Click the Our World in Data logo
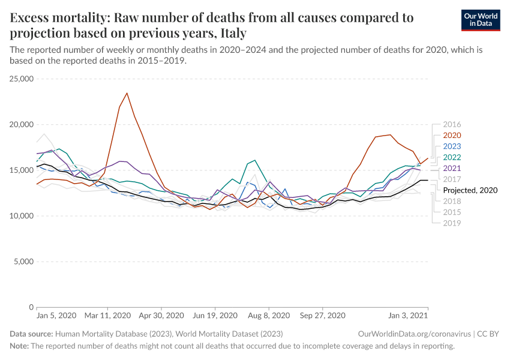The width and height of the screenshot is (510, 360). pyautogui.click(x=481, y=19)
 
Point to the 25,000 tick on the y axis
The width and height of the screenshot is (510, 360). pyautogui.click(x=22, y=79)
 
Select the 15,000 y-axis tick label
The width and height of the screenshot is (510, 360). pyautogui.click(x=22, y=170)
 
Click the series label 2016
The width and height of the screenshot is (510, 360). pyautogui.click(x=452, y=125)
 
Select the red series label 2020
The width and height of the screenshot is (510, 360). pyautogui.click(x=452, y=136)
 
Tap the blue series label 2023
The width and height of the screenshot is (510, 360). pyautogui.click(x=452, y=146)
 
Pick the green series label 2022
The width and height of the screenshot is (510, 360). pyautogui.click(x=452, y=157)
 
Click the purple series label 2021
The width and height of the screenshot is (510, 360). pyautogui.click(x=452, y=168)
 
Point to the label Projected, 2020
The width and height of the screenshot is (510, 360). pyautogui.click(x=470, y=190)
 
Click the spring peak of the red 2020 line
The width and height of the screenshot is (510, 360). pyautogui.click(x=127, y=93)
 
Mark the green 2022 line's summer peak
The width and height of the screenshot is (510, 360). pyautogui.click(x=255, y=160)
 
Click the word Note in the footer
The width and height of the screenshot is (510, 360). pyautogui.click(x=19, y=346)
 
